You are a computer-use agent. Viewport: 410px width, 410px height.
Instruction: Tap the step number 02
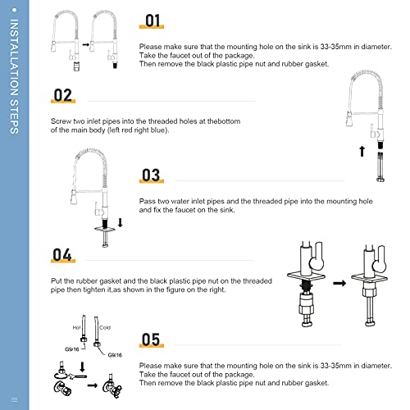[x=63, y=94]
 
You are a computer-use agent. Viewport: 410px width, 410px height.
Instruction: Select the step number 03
[x=151, y=175]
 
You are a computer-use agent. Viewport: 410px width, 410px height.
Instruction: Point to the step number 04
[x=63, y=255]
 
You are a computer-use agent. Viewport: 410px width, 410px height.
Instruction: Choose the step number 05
[x=151, y=339]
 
